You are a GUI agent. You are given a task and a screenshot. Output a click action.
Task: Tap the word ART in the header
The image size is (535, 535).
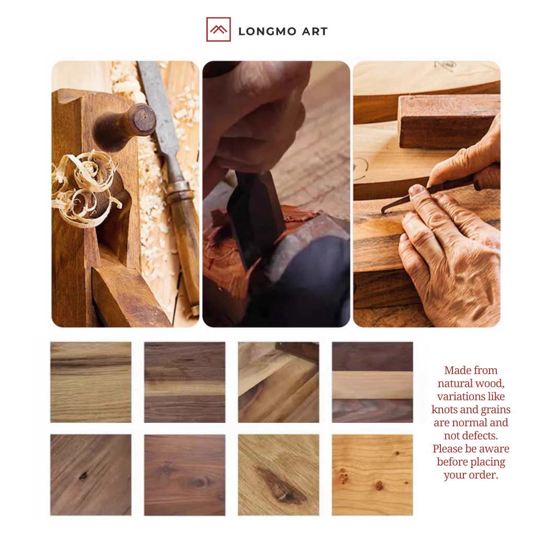tap(315, 31)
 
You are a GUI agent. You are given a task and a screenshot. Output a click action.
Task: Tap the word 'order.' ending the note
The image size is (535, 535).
tap(484, 475)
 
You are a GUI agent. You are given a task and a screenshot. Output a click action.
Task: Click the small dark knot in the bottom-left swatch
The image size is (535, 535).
tap(83, 475)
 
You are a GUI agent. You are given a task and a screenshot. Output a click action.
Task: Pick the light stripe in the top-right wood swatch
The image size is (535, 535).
tap(372, 385)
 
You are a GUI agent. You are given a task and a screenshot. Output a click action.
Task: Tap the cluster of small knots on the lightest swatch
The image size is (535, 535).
tap(343, 476)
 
